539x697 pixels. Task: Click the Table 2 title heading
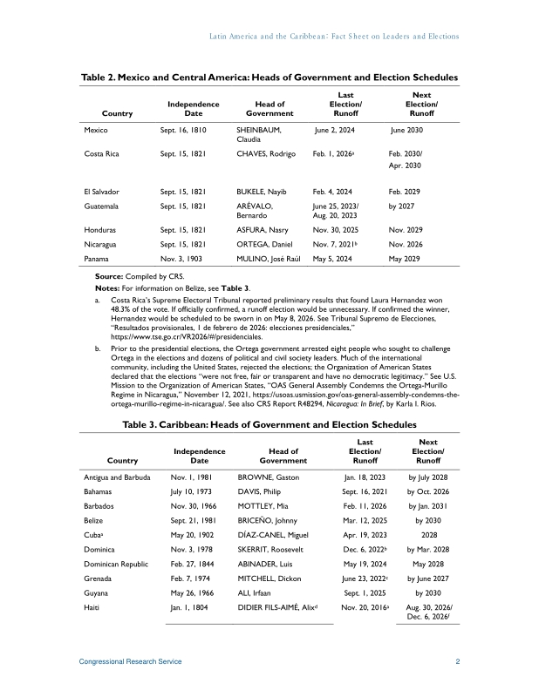[x=269, y=78]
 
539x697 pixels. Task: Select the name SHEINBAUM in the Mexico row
[x=260, y=129]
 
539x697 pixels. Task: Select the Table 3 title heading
[x=269, y=424]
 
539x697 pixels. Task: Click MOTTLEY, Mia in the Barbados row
[x=267, y=510]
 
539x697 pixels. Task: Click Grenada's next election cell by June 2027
[x=428, y=588]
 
